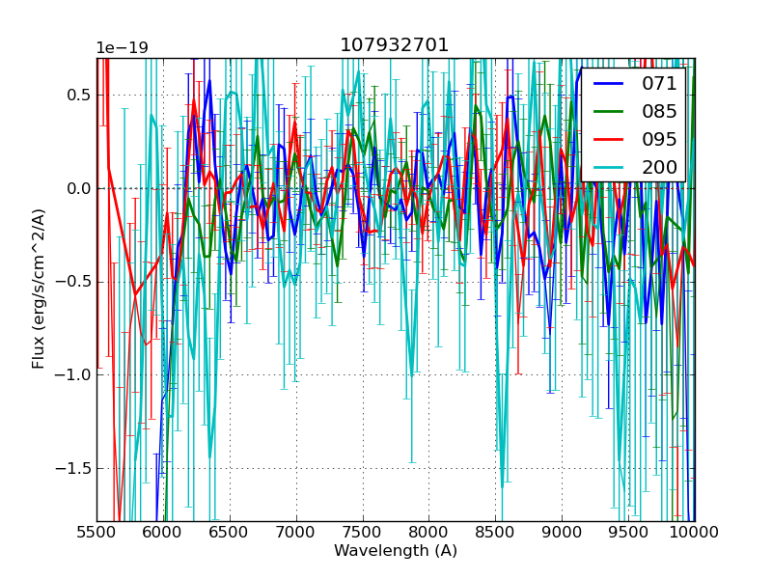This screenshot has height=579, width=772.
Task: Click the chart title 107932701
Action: coord(395,45)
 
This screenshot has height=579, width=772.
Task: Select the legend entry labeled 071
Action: coord(659,84)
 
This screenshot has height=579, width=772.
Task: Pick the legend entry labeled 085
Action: coord(659,112)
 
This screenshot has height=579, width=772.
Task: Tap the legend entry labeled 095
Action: coord(659,139)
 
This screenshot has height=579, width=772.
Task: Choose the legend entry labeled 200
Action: coord(659,167)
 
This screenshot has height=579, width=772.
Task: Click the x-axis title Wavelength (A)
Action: coord(396,551)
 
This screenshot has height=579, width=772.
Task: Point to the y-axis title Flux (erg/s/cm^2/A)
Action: coord(39,289)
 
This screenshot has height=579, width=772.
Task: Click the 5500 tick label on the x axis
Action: coord(96,533)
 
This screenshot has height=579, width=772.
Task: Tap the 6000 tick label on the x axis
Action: coord(163,533)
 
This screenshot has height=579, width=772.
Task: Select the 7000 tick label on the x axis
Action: coord(296,533)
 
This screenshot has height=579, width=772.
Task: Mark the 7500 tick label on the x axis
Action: coord(363,533)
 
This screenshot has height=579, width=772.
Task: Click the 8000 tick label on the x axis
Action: coord(428,533)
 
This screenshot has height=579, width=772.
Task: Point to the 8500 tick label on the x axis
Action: coord(495,533)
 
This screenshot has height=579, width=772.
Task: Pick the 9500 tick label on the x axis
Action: coord(628,533)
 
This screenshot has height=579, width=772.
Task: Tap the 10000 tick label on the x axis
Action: coord(695,533)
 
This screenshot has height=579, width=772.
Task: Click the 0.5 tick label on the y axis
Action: coord(78,95)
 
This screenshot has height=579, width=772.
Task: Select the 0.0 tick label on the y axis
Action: coord(78,188)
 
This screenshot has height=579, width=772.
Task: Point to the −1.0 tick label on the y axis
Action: coord(73,374)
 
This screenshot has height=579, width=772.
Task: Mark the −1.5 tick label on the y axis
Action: coord(73,468)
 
